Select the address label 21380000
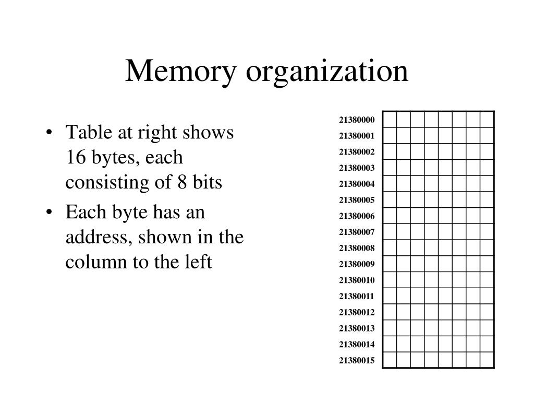click(357, 120)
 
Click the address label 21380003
click(357, 168)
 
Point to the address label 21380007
click(357, 232)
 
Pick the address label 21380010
click(357, 280)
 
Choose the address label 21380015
click(357, 360)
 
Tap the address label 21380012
click(357, 312)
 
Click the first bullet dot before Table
click(48, 133)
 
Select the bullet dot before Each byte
click(48, 213)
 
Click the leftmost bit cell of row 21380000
click(390, 120)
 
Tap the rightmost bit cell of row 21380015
click(487, 360)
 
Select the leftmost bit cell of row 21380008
click(390, 248)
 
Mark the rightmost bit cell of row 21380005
click(487, 200)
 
